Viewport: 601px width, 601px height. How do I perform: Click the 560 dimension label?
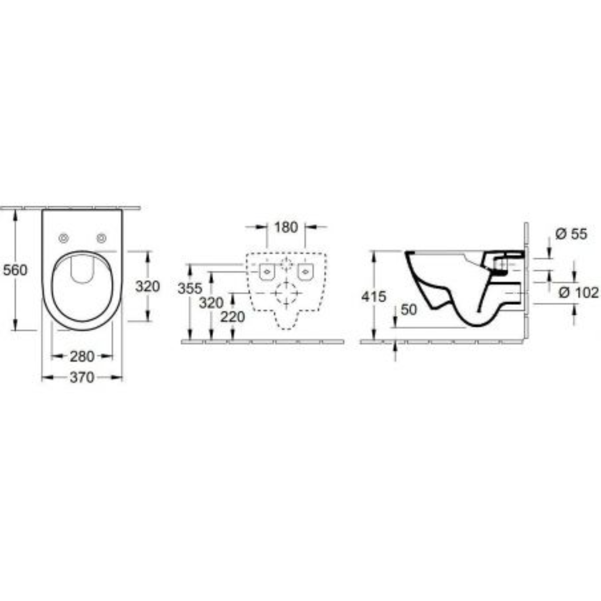(15, 270)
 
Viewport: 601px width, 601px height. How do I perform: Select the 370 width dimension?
(81, 378)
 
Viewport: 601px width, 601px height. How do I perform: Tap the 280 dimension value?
(81, 356)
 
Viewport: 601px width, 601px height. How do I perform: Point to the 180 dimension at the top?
(286, 227)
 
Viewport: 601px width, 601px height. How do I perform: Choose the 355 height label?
(190, 289)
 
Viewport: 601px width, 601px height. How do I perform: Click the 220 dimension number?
(233, 317)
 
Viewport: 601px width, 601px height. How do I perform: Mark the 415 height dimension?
(373, 297)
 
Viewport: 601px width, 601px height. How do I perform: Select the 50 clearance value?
(408, 310)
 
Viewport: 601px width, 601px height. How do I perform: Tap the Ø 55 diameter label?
(571, 234)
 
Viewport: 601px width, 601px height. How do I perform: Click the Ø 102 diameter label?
(579, 292)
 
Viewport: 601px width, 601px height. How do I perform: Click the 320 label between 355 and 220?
(211, 303)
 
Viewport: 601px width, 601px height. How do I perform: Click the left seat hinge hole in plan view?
(63, 239)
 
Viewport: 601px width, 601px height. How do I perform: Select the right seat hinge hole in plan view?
(101, 239)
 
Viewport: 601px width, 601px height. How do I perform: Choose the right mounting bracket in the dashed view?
(305, 272)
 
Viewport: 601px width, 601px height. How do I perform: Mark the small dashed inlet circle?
(286, 264)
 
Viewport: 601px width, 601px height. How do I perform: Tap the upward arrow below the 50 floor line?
(395, 349)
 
